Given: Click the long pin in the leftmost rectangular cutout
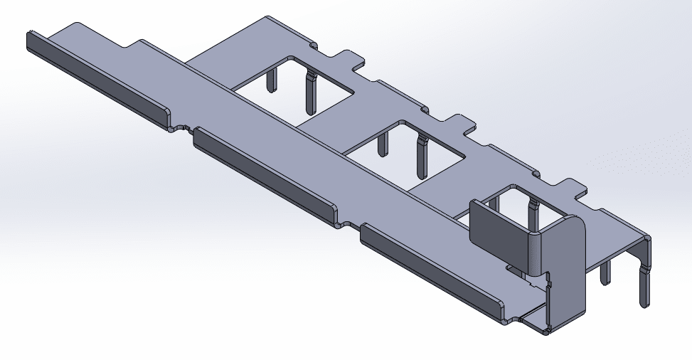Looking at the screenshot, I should point(309,92).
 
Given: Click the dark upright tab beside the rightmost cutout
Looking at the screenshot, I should point(498,228).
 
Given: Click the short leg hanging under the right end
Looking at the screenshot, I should point(605,273).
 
